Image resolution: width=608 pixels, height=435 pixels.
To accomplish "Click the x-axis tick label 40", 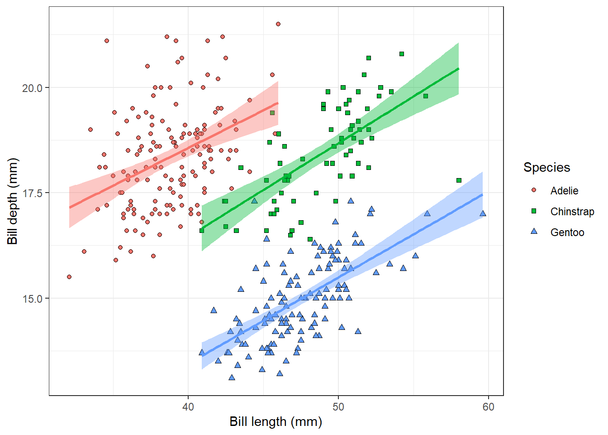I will [x=188, y=407].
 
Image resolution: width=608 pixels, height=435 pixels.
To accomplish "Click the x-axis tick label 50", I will [x=338, y=407].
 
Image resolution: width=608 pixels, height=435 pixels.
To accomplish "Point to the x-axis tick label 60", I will [x=488, y=407].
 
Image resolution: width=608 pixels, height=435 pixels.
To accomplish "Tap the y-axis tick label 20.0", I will [x=33, y=88].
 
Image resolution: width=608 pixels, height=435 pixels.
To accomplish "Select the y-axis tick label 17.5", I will [x=33, y=193].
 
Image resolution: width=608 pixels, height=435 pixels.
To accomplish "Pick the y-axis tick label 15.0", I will [x=33, y=299].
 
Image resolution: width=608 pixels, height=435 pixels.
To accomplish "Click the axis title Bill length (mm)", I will [x=275, y=422].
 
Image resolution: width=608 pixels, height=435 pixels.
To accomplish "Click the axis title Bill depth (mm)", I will [x=13, y=201].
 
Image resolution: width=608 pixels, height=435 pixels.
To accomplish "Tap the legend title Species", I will [x=546, y=167].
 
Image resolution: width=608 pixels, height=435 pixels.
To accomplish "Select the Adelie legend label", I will [x=564, y=191].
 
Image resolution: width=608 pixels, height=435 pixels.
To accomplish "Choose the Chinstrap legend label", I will [x=572, y=212].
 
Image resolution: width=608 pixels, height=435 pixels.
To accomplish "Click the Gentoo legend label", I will [x=567, y=232].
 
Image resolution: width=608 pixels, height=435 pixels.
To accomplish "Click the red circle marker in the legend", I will [x=534, y=190].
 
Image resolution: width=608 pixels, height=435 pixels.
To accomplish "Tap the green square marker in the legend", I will [x=534, y=211].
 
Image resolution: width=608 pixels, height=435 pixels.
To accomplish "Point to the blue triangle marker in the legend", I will [x=534, y=232].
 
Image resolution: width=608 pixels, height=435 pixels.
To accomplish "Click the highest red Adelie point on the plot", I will [x=278, y=24].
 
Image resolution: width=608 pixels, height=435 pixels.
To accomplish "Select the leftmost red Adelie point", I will [x=69, y=277].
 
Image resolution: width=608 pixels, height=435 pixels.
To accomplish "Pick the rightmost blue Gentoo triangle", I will [x=483, y=213].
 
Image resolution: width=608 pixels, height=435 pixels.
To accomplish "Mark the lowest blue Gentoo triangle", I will [x=232, y=377].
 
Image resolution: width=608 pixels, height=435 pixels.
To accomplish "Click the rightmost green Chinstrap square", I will [x=459, y=180].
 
